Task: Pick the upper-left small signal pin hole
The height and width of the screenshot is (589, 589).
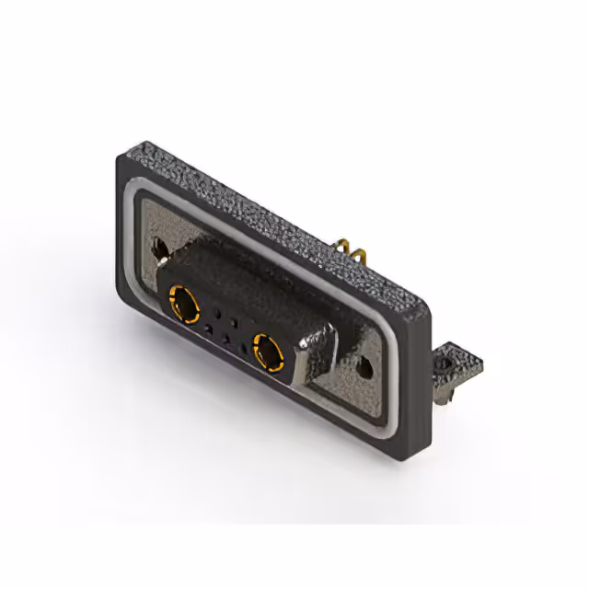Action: pos(217,309)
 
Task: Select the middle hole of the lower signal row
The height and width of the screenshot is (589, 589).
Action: pos(226,337)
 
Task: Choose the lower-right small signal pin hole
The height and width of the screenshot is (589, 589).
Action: pos(244,347)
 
